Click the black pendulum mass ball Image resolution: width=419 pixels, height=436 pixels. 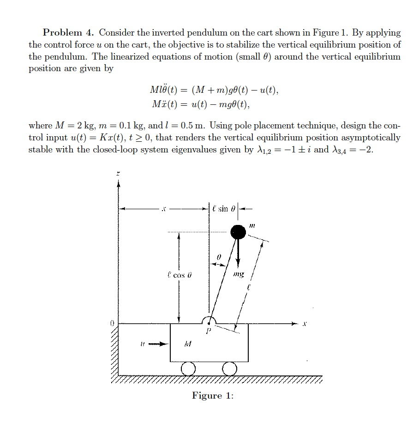tap(238, 231)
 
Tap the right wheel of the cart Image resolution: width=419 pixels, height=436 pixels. tap(229, 368)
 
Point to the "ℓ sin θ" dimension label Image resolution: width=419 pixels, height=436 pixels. tap(225, 208)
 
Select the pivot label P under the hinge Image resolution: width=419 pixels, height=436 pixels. tap(208, 331)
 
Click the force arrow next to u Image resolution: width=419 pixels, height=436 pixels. tap(157, 344)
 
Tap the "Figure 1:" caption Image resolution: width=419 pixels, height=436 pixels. tap(213, 396)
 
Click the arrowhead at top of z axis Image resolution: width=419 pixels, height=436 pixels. tap(118, 183)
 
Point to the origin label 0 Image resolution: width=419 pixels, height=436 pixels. tap(111, 323)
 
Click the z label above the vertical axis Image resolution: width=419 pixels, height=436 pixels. tap(118, 173)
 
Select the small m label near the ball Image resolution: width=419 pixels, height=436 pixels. tap(252, 225)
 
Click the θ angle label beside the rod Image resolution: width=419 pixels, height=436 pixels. tap(220, 255)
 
